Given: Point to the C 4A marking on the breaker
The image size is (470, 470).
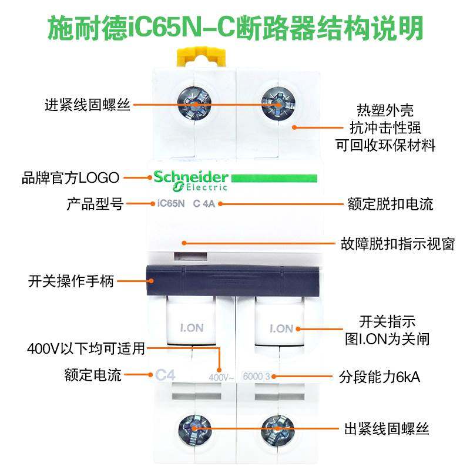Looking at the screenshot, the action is point(205,204).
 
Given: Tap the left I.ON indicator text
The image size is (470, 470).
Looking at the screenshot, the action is point(190,328).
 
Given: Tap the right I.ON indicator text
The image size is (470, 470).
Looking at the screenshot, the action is point(281,328).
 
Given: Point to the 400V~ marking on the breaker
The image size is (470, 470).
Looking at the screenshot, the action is point(221,377).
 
